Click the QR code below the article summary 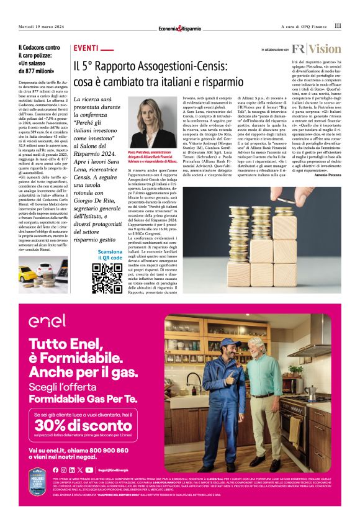[x=107, y=277]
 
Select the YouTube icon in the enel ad [x=89, y=470]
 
